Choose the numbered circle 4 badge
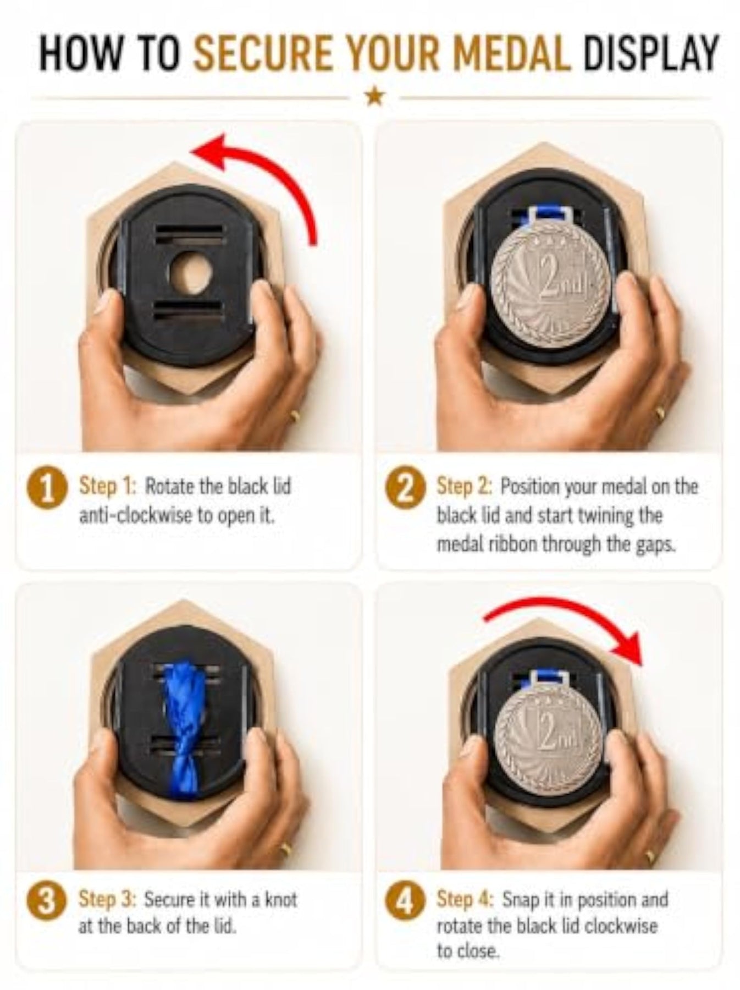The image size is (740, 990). coord(405,903)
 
